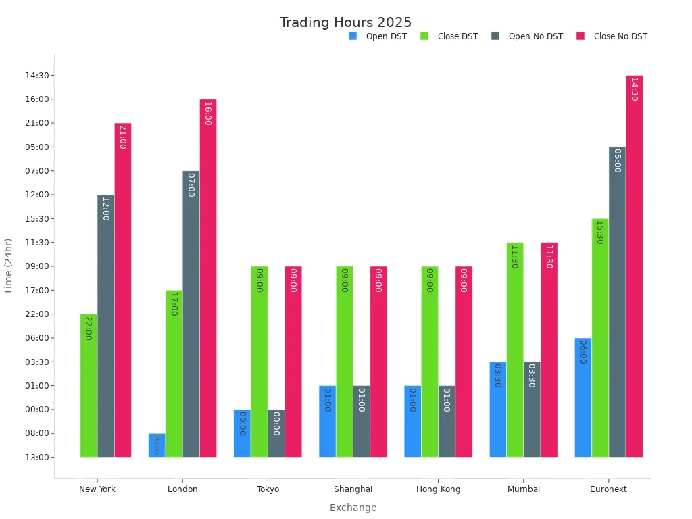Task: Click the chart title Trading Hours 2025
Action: pyautogui.click(x=345, y=22)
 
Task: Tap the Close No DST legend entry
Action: pyautogui.click(x=620, y=36)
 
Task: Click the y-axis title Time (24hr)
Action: pyautogui.click(x=9, y=266)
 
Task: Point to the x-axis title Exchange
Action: pyautogui.click(x=353, y=508)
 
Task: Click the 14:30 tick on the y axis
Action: pyautogui.click(x=34, y=76)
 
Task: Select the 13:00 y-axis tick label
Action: pyautogui.click(x=34, y=458)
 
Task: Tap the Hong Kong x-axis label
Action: pyautogui.click(x=438, y=489)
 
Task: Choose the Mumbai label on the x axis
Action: pyautogui.click(x=524, y=489)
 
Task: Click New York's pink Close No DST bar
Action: pyautogui.click(x=123, y=291)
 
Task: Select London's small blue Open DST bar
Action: pyautogui.click(x=157, y=445)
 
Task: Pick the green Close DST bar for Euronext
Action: pyautogui.click(x=600, y=338)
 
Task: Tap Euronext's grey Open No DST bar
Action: pyautogui.click(x=617, y=302)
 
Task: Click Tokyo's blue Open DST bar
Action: pyautogui.click(x=242, y=433)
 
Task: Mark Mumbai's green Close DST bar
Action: pyautogui.click(x=515, y=350)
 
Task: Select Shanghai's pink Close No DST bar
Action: pyautogui.click(x=378, y=362)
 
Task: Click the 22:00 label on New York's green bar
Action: pyautogui.click(x=89, y=328)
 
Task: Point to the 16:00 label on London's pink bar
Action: pyautogui.click(x=208, y=114)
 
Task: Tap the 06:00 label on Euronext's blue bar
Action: pyautogui.click(x=583, y=352)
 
